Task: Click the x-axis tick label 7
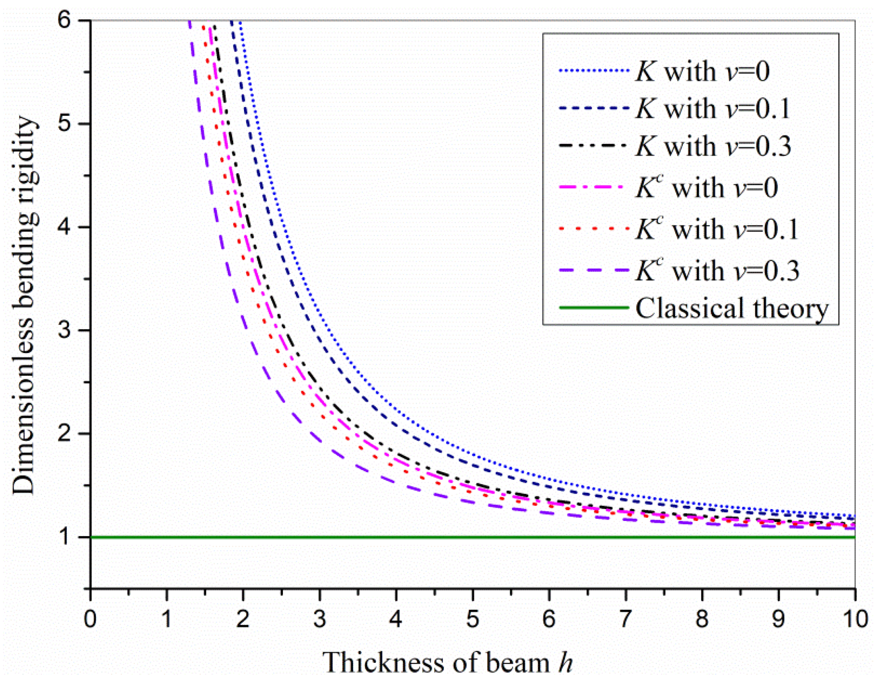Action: coord(625,619)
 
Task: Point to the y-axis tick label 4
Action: coord(64,227)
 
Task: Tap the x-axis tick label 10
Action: coord(854,619)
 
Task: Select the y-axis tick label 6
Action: coord(64,20)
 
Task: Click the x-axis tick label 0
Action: coord(90,619)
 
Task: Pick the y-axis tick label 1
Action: coord(64,536)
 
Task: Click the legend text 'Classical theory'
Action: coord(732,308)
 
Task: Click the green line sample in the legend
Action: coord(594,308)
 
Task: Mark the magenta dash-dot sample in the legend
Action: coord(594,187)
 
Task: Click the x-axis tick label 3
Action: coord(319,619)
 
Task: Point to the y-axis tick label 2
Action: coord(64,433)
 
